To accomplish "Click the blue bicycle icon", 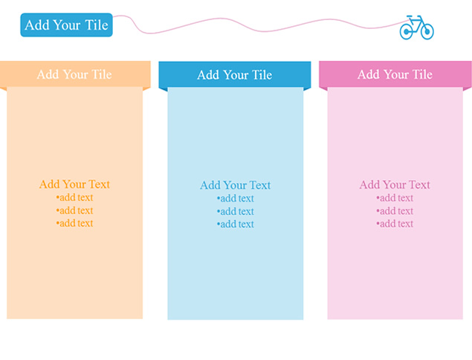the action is [x=416, y=28].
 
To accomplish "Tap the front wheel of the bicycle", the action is [x=427, y=31].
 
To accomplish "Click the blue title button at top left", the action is [x=66, y=25].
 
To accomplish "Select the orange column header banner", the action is [x=75, y=74].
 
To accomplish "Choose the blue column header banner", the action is [x=235, y=74].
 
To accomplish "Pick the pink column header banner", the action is [x=395, y=74].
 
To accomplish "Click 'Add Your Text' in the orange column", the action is [x=74, y=184].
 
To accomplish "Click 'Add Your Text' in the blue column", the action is [x=236, y=185].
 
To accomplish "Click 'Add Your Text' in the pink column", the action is [x=395, y=184].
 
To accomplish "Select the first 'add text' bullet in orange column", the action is [x=74, y=197].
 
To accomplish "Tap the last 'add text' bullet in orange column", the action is [x=74, y=223].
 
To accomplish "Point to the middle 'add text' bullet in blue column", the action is [x=236, y=211].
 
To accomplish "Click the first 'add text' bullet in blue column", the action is [x=236, y=199].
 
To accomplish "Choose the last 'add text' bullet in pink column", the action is [x=395, y=224].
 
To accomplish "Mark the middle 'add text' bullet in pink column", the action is [x=395, y=211].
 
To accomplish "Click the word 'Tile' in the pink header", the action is [x=423, y=74].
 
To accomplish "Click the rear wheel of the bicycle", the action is [x=407, y=32].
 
